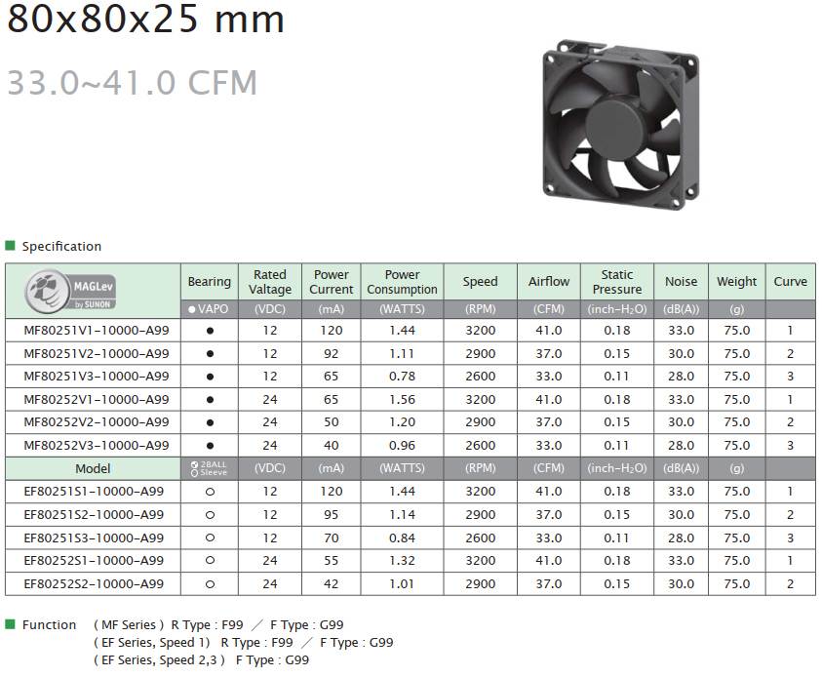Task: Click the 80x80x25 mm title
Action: click(145, 19)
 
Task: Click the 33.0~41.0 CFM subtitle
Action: click(132, 83)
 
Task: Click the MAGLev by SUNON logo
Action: click(70, 291)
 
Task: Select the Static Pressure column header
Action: click(617, 282)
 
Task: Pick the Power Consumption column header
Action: click(402, 282)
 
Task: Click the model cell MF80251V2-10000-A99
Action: click(97, 353)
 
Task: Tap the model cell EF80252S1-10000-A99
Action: click(94, 561)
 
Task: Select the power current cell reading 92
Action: click(332, 353)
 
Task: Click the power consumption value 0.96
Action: click(402, 445)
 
